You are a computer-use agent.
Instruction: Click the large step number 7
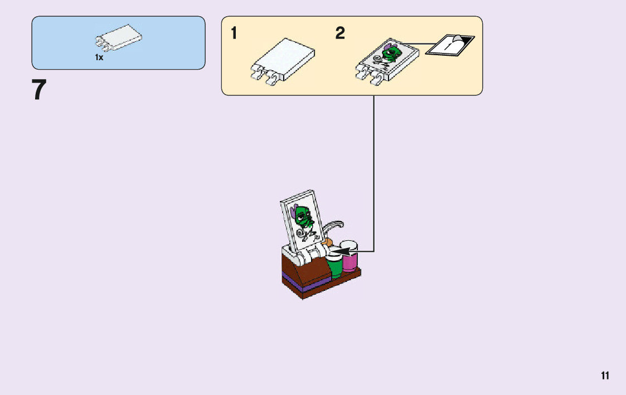pyautogui.click(x=38, y=90)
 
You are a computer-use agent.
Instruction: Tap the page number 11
pyautogui.click(x=605, y=376)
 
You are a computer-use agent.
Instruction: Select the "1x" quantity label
pyautogui.click(x=99, y=57)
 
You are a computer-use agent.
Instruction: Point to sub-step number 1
pyautogui.click(x=234, y=34)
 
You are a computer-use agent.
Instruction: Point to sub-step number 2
pyautogui.click(x=339, y=34)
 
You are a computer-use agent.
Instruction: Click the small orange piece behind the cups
pyautogui.click(x=328, y=243)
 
